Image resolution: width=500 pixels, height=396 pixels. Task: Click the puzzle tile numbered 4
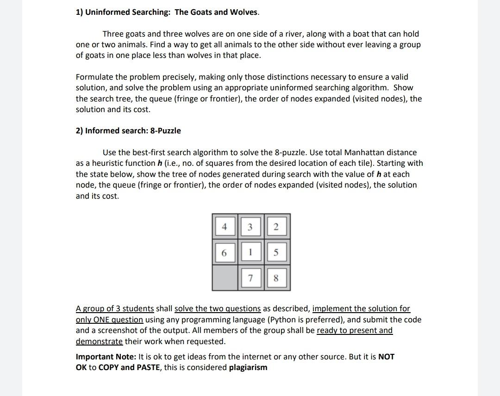coord(225,227)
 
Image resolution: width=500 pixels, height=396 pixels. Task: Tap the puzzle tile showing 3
coord(250,227)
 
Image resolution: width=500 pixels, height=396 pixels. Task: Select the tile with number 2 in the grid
coord(276,227)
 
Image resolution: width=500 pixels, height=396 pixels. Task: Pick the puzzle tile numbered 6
coord(225,253)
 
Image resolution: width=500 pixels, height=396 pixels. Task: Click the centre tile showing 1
coord(250,253)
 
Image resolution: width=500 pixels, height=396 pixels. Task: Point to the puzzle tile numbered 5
coord(276,253)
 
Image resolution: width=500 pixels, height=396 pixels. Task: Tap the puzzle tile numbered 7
coord(250,278)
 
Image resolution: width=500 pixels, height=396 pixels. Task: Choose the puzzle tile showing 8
coord(276,278)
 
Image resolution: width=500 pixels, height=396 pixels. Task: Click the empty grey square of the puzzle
coord(225,278)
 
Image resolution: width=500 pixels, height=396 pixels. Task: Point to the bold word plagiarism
coord(248,367)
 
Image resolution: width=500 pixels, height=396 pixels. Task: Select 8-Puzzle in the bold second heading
coord(165,131)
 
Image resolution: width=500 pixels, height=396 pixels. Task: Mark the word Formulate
coord(94,77)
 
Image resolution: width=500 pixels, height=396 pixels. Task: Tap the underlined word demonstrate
coord(99,341)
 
